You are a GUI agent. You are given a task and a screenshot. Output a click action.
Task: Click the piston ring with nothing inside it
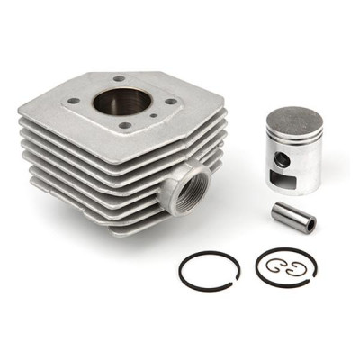[x=208, y=269]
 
